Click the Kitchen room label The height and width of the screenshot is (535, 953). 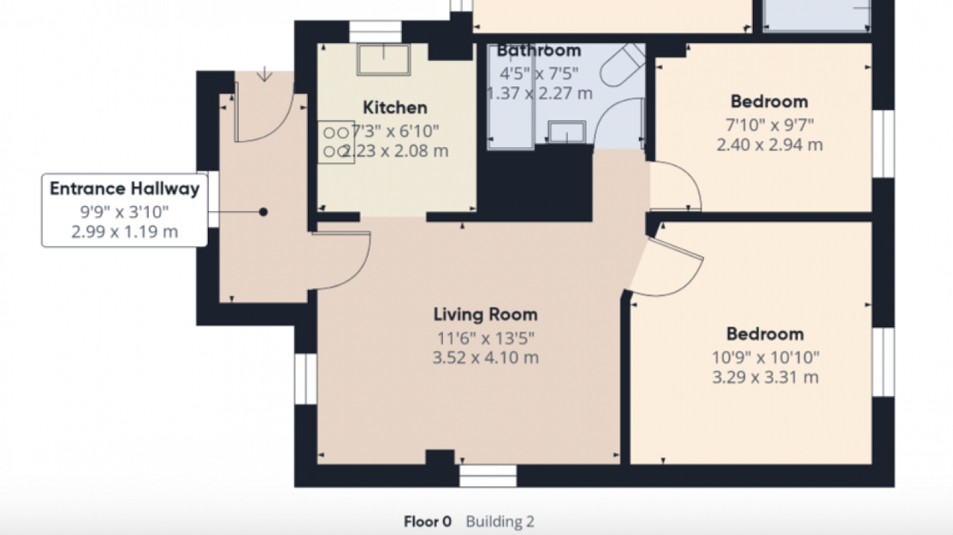(395, 108)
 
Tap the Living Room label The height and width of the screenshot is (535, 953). (485, 314)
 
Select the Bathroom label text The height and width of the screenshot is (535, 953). (539, 51)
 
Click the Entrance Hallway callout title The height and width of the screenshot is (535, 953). (124, 189)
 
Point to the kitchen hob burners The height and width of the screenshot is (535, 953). (336, 142)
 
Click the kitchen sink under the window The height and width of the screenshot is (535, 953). (384, 60)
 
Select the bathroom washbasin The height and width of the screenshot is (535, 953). (566, 132)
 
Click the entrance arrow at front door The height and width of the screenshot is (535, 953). (264, 74)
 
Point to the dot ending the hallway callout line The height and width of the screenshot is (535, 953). (263, 212)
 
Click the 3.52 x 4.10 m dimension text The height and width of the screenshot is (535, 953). (485, 358)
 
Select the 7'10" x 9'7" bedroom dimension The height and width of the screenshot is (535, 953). (769, 125)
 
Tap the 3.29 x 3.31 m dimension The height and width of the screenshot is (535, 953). (765, 377)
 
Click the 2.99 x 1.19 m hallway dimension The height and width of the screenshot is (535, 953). (124, 232)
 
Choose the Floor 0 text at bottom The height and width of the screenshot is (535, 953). (428, 521)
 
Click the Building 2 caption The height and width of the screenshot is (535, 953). (500, 521)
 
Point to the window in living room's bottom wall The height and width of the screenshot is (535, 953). (488, 475)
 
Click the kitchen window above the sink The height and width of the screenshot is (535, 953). (375, 32)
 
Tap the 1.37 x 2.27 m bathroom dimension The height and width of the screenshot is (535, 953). (540, 93)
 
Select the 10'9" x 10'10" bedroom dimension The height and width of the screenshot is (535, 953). (765, 358)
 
